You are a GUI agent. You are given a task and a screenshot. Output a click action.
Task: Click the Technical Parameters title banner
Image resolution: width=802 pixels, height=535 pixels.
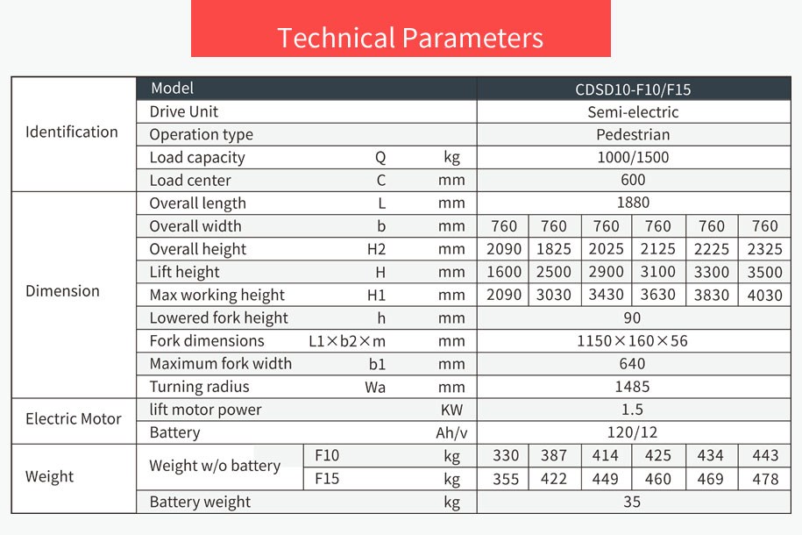410,38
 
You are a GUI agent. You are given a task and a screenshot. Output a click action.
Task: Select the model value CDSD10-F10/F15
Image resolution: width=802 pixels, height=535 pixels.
633,89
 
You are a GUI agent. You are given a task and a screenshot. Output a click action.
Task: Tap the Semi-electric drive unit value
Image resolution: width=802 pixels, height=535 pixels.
633,111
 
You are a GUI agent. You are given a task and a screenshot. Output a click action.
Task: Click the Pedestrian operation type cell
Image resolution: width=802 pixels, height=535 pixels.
633,134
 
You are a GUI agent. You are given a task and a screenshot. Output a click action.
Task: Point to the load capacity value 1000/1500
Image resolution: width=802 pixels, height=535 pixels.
633,157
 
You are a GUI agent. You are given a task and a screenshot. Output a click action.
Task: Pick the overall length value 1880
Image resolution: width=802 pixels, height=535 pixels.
633,203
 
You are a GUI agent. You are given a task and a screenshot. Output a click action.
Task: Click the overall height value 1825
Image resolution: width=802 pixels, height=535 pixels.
554,249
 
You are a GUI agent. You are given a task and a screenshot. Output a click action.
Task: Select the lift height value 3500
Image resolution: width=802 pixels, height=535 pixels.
764,272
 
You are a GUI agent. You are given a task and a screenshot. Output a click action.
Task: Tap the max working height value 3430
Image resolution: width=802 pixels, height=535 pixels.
606,295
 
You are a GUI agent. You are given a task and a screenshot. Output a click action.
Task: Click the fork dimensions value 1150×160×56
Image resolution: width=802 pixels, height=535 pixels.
633,340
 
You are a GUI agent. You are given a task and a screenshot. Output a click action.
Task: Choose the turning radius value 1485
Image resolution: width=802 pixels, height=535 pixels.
633,387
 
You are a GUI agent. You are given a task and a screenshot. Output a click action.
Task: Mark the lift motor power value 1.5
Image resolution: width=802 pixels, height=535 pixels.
633,410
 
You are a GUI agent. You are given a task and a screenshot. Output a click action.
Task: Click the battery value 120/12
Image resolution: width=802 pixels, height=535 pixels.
633,432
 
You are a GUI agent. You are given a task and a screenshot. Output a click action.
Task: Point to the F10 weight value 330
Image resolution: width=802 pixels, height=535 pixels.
505,455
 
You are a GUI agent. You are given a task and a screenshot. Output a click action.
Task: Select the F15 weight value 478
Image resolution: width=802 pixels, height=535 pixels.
764,479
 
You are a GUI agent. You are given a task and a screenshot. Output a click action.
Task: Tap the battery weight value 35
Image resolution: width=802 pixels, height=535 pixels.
633,502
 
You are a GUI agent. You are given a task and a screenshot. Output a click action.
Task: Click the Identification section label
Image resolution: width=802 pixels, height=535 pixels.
72,132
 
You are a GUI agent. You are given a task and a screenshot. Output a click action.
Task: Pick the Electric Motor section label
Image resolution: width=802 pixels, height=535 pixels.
74,418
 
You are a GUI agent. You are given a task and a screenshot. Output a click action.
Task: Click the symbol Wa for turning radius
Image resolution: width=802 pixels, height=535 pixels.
376,387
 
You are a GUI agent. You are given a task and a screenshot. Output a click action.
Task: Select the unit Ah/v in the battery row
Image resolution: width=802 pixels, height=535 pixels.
448,432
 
